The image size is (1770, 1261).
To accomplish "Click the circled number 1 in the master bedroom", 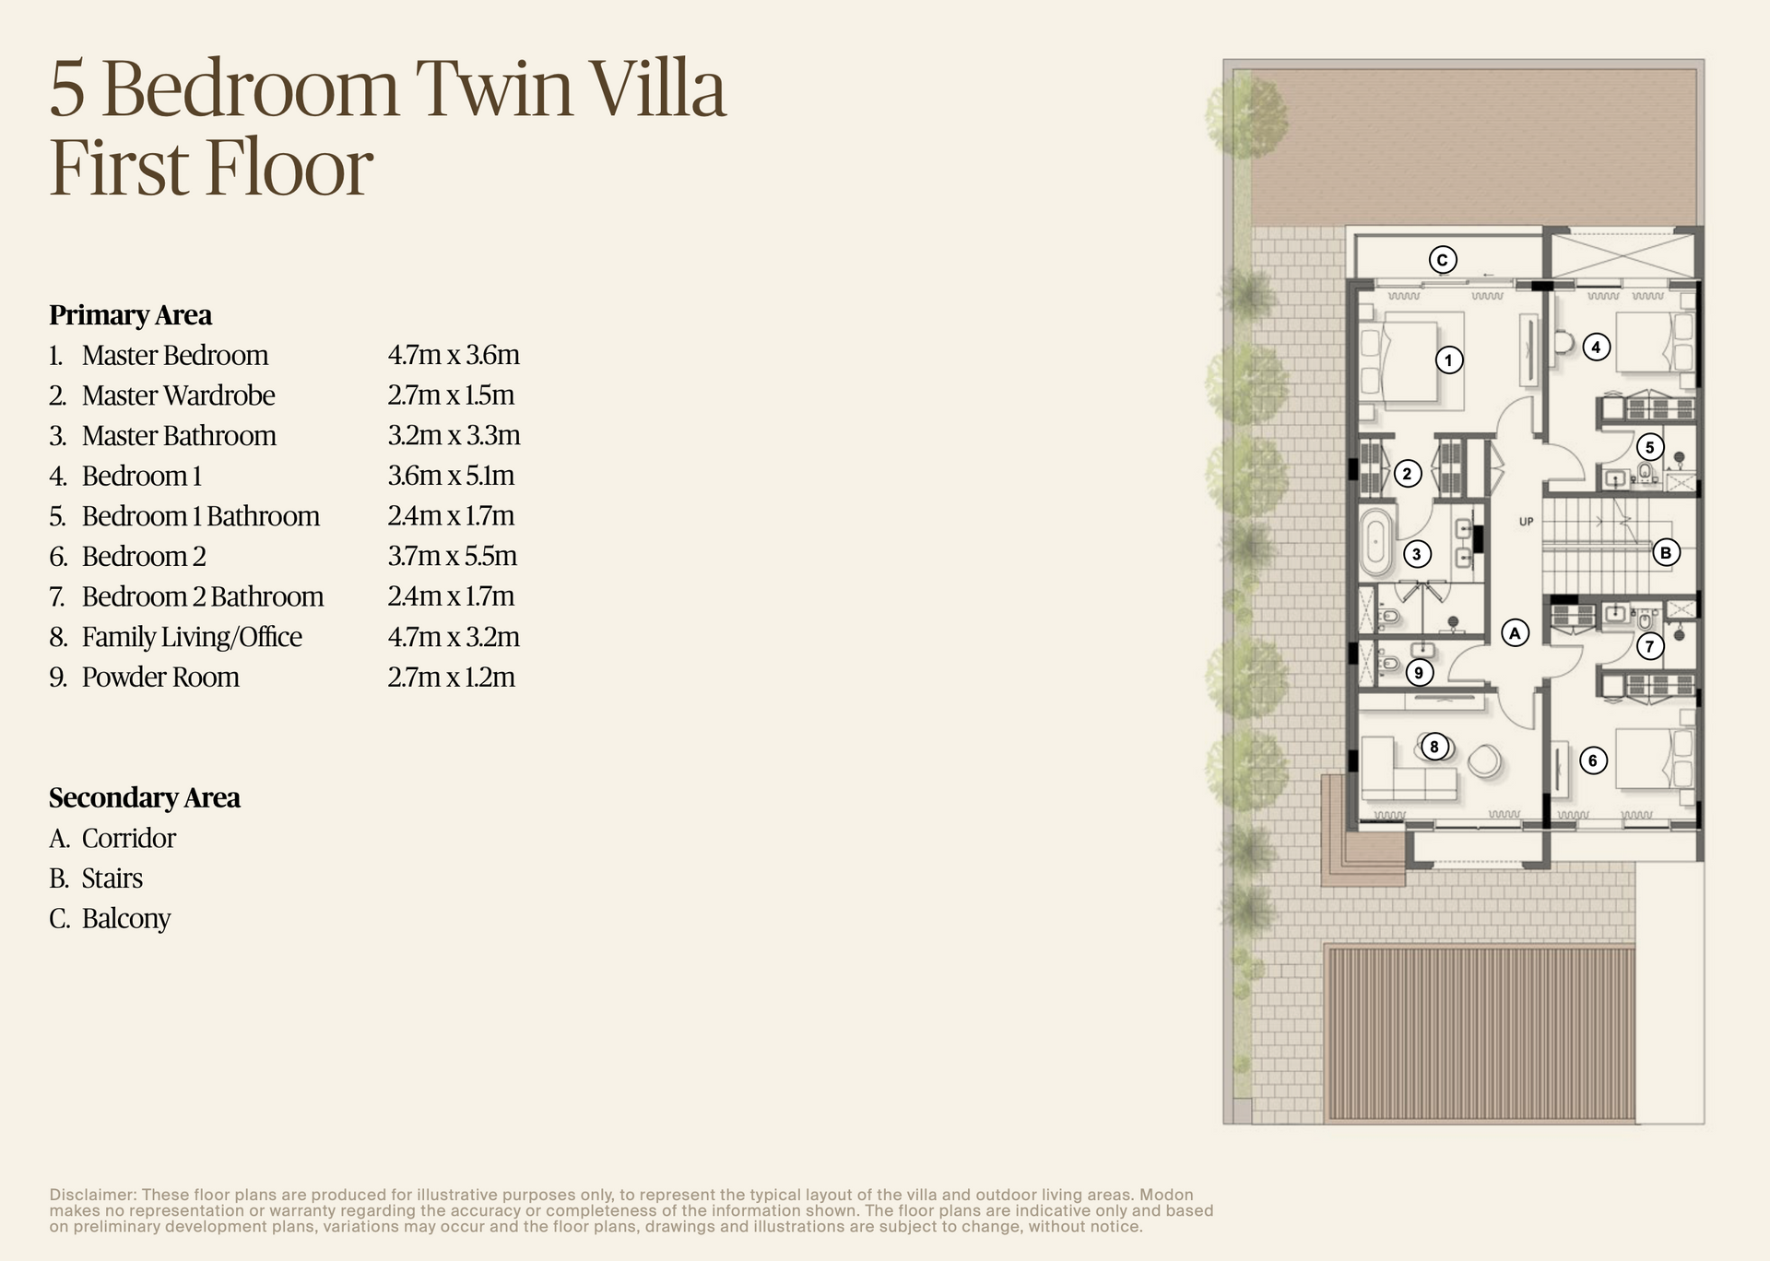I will pos(1448,359).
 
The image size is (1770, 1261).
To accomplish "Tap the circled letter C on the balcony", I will pos(1443,260).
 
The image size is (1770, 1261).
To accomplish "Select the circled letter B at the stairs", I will pos(1665,552).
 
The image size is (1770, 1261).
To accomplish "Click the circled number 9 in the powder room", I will pos(1419,672).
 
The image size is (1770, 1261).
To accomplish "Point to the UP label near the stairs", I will pos(1526,522).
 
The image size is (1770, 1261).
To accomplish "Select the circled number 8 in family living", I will pos(1434,747).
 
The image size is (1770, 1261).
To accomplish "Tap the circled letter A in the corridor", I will pos(1515,632).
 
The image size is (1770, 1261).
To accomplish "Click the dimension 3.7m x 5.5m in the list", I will pos(452,556).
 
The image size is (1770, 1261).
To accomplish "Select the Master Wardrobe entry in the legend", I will pos(178,395).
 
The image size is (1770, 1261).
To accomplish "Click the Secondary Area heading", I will pos(145,797).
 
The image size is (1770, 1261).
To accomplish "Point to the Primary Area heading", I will pos(130,315).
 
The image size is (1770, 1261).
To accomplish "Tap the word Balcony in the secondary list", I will pos(126,918).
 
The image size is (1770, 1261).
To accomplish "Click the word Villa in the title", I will pos(657,89).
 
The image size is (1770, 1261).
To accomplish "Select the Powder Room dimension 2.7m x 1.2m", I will pos(451,678).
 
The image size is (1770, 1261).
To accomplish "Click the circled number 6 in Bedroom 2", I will pos(1592,760).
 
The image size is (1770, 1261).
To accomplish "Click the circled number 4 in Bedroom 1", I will pos(1596,347).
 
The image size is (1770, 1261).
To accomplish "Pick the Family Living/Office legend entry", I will pos(192,637).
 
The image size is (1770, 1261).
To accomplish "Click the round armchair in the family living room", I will pos(1483,761).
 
